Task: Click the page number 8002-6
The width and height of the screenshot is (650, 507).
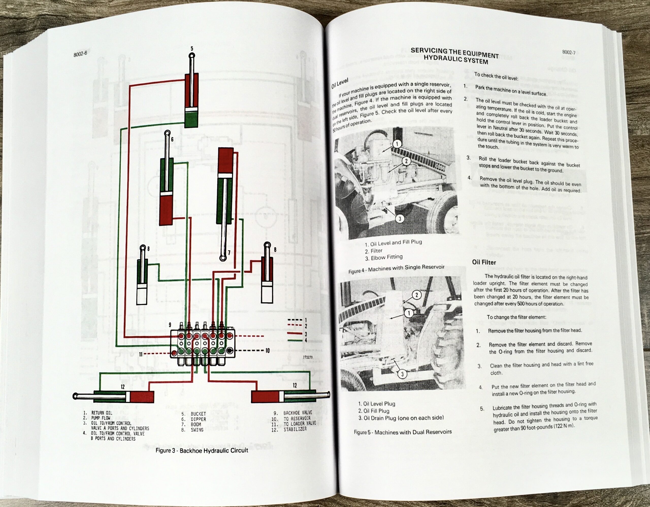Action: pos(80,54)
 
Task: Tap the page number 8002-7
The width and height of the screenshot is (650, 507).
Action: pos(568,52)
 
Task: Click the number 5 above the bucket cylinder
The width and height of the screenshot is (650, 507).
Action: pos(192,49)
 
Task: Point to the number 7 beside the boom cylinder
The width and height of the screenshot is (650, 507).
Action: pos(229,253)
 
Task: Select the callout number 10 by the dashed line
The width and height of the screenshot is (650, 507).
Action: pos(267,351)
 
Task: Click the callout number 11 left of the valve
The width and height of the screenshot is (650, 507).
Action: pos(140,354)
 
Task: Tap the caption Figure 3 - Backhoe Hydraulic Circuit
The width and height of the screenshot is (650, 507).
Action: pos(202,450)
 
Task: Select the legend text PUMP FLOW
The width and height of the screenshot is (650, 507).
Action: pos(101,418)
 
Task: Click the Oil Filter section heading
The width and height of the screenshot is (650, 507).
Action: pos(484,262)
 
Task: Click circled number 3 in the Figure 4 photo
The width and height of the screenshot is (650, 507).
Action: pos(400,219)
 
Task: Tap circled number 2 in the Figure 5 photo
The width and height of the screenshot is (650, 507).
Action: pos(416,295)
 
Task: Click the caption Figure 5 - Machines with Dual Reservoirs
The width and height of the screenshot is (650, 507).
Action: pos(403,432)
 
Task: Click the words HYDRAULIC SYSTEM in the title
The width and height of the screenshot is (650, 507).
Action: pos(456,59)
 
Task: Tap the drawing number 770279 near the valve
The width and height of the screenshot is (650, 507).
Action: pos(307,357)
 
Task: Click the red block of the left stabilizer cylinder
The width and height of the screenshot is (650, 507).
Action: pos(142,397)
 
